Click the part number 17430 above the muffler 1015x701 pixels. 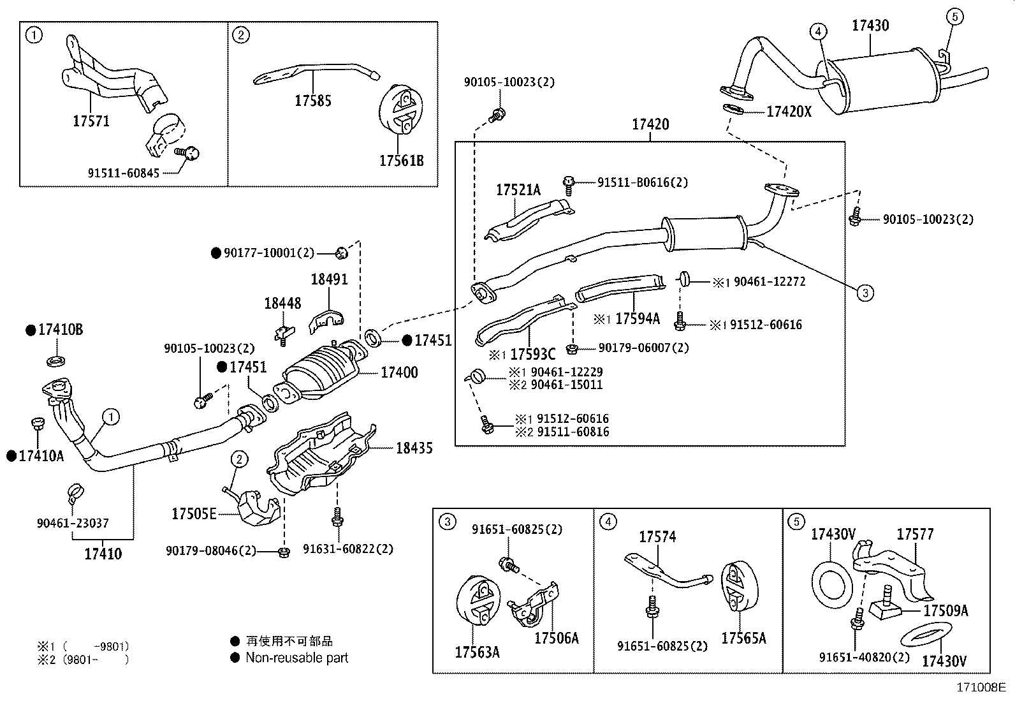tap(870, 26)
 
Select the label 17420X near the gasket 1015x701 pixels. tap(789, 112)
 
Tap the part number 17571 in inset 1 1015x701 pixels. tap(91, 121)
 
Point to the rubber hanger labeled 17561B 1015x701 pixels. tap(398, 108)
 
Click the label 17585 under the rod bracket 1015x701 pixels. tap(312, 101)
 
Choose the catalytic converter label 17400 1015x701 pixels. tap(399, 373)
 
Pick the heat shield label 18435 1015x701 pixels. tap(414, 448)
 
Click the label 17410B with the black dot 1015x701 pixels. tap(60, 330)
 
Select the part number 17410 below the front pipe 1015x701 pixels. tap(103, 554)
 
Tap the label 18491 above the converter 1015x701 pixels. tap(329, 279)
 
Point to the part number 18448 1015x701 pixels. tap(282, 304)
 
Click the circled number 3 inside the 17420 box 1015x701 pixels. tap(865, 293)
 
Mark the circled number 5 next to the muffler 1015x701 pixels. tap(954, 16)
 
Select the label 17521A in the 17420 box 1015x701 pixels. tap(518, 190)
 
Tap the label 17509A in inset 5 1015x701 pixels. tap(946, 611)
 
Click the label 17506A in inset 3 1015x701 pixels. tap(556, 638)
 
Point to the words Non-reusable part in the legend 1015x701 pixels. tap(297, 658)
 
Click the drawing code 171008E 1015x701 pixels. tap(981, 688)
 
